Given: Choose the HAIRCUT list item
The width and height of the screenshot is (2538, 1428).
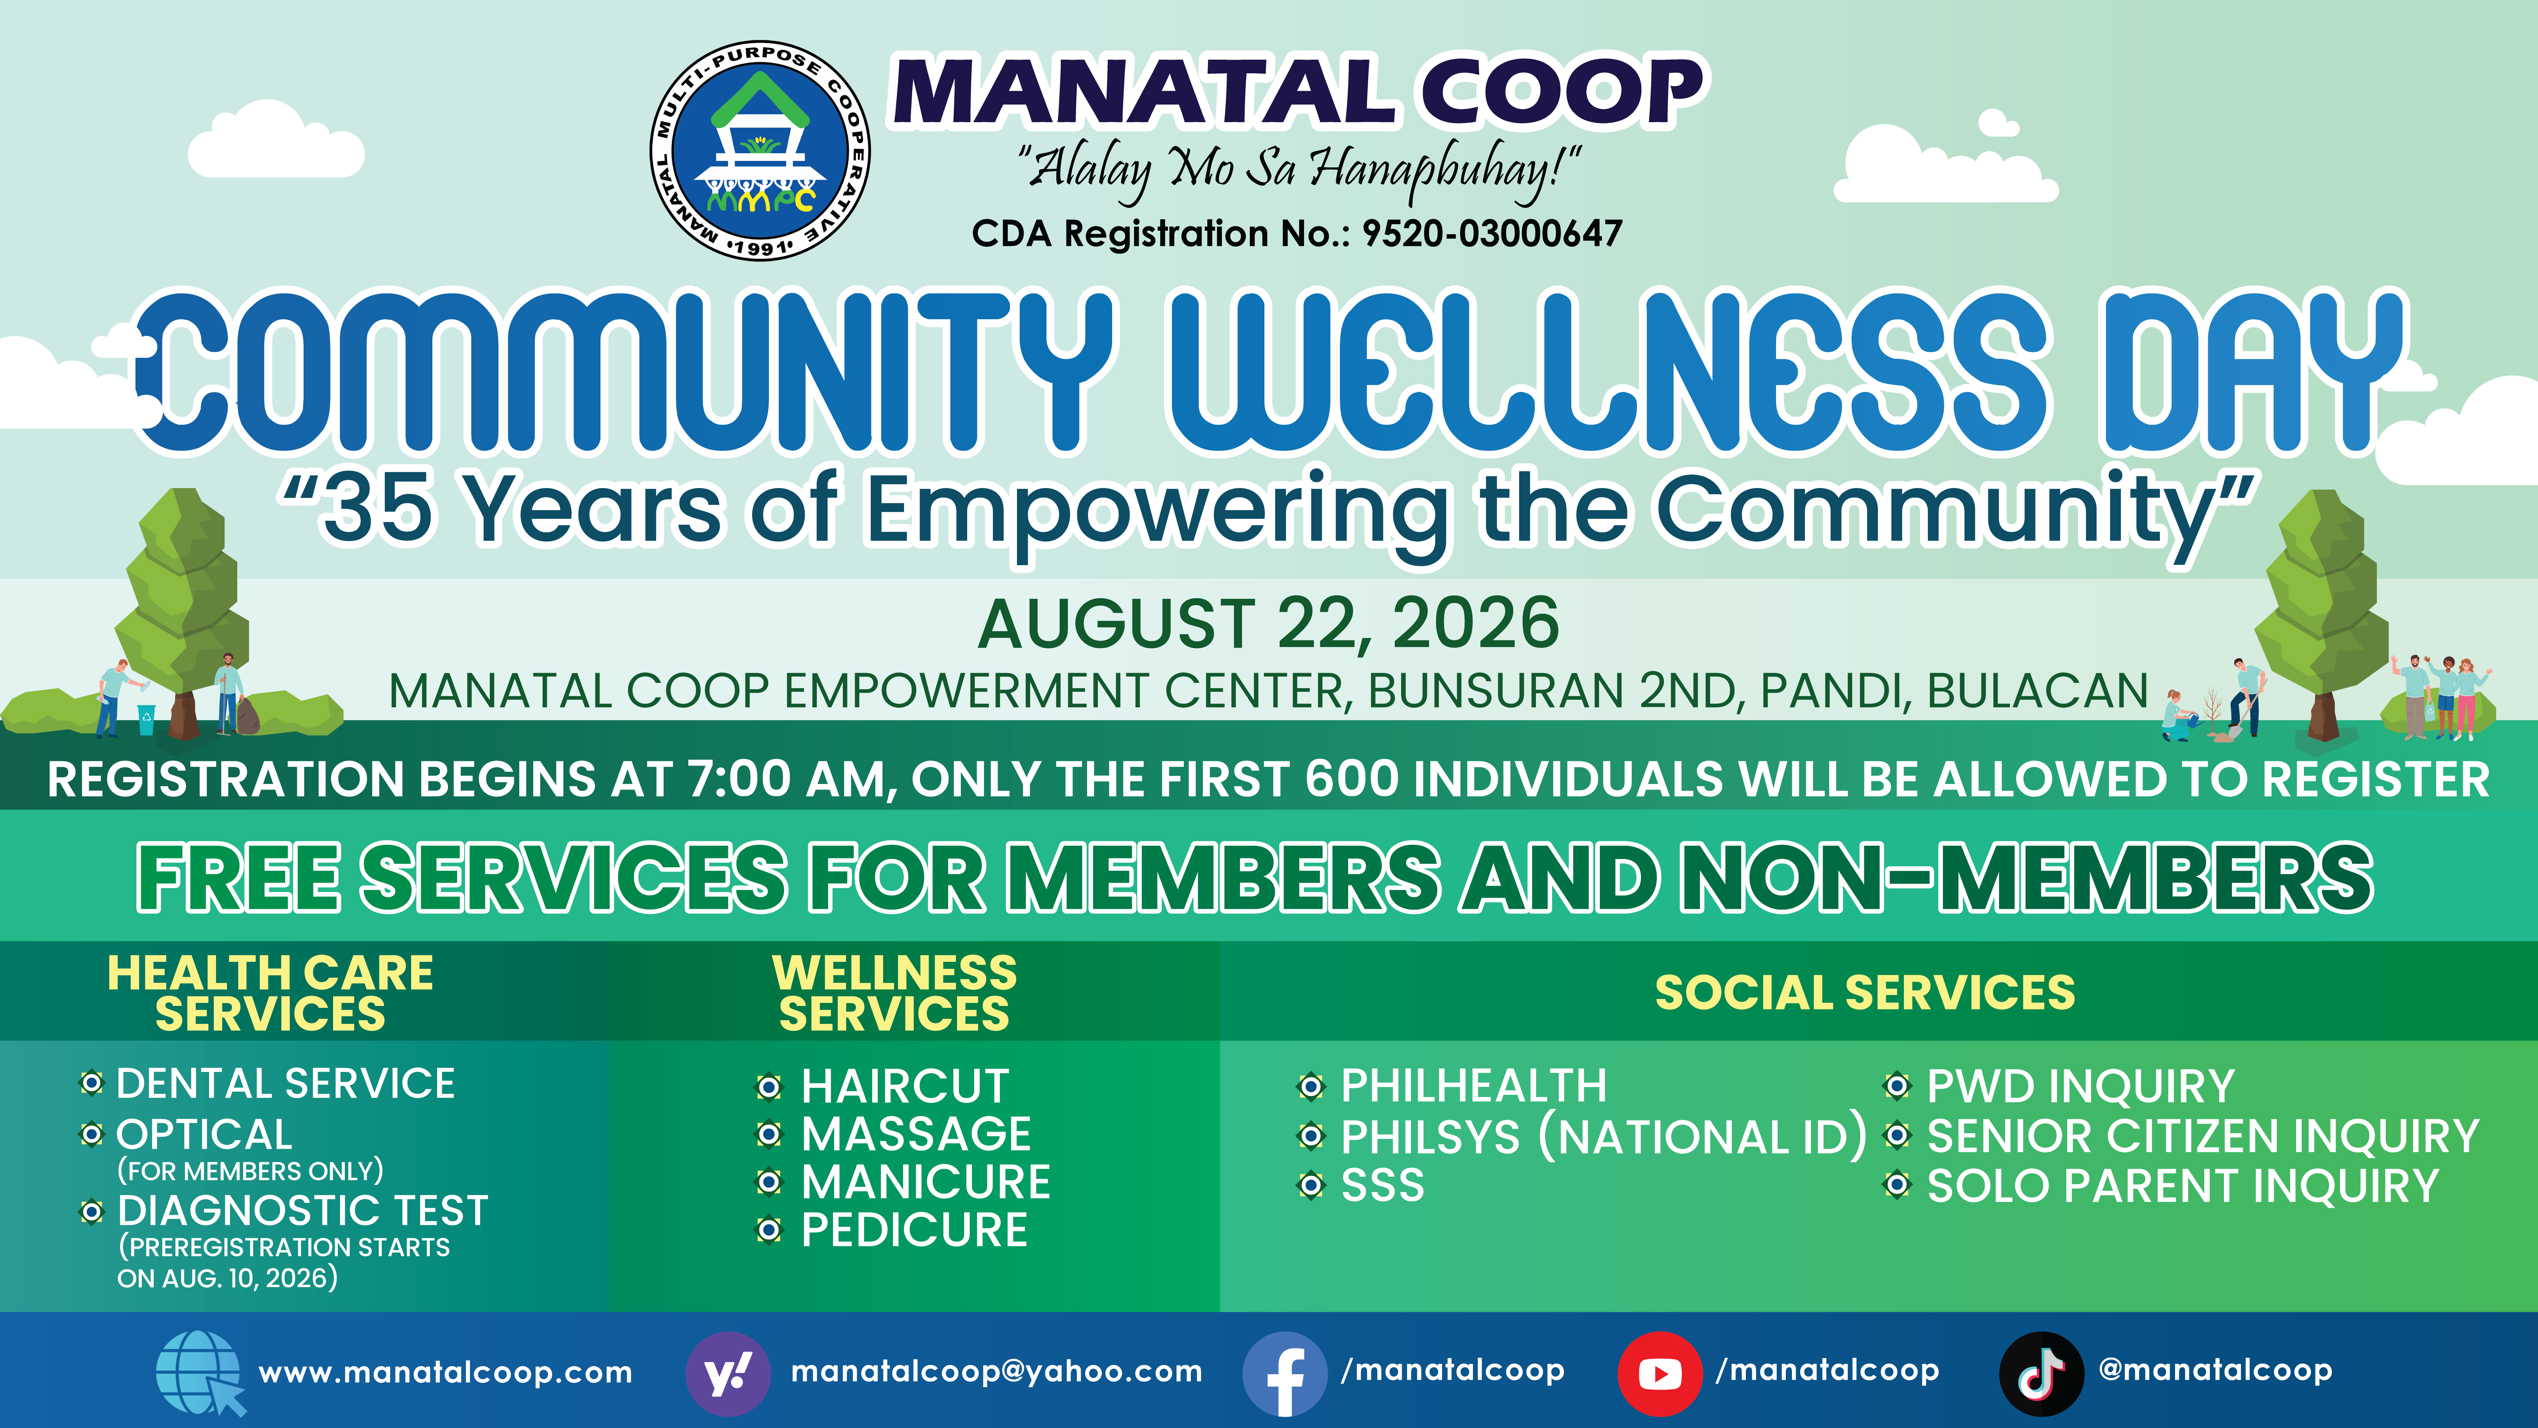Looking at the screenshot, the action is point(904,1086).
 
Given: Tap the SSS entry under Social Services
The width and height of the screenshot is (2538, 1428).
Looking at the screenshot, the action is point(1382,1185).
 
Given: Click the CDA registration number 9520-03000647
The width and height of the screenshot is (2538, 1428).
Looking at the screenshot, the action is point(1492,234).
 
